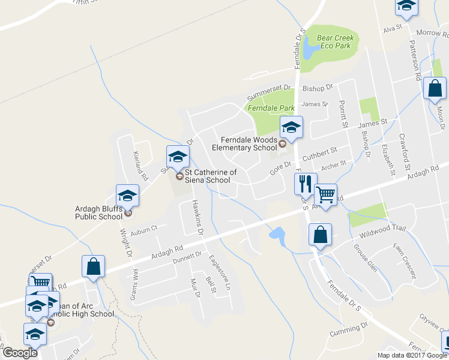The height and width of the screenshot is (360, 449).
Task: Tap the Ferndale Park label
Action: point(271,108)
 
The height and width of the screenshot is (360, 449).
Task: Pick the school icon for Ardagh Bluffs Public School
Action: point(127,196)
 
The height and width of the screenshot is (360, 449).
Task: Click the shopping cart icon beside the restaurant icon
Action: point(325,194)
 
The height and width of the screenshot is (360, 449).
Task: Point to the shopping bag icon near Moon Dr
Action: point(435,89)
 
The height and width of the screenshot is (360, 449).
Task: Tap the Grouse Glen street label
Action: point(365,258)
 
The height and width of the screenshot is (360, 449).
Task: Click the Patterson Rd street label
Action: point(414,60)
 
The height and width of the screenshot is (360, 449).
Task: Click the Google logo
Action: point(20,353)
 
